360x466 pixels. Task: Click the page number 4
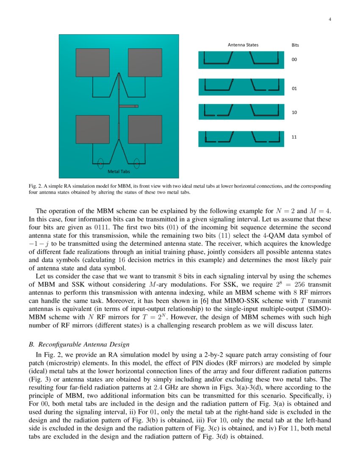330,19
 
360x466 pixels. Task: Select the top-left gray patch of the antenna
92,63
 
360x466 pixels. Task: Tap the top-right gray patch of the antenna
145,63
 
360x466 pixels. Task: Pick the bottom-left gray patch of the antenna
92,129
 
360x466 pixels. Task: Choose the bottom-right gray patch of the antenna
145,129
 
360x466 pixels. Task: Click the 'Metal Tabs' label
119,172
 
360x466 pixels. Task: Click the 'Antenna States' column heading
243,45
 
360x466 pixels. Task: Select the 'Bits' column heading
295,45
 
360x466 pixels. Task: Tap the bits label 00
294,60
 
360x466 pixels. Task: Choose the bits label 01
294,89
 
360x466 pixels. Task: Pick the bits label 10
294,113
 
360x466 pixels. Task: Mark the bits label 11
294,137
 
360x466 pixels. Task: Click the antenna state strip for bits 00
241,60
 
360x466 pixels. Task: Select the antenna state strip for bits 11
241,139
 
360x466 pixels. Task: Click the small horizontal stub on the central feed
129,106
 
